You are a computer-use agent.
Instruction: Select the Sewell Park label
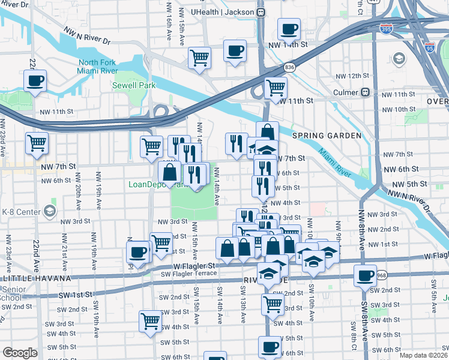(134, 85)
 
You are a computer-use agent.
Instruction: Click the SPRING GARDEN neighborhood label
(327, 136)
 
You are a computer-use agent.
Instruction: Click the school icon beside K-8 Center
(49, 211)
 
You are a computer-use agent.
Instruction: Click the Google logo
(20, 352)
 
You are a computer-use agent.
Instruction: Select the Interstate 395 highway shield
(387, 27)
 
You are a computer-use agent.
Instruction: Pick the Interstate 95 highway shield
(430, 46)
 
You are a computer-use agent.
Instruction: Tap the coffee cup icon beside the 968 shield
(365, 276)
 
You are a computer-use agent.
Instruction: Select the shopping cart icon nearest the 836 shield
(276, 87)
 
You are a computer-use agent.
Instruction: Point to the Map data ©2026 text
(424, 355)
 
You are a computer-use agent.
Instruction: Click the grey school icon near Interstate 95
(399, 59)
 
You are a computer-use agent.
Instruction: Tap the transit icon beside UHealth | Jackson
(261, 12)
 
